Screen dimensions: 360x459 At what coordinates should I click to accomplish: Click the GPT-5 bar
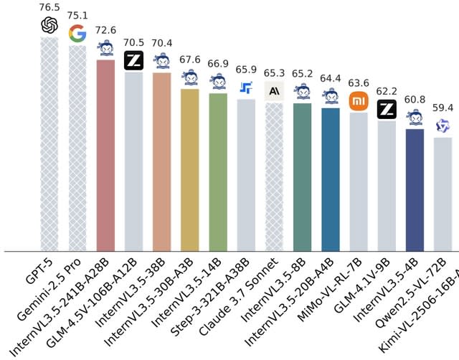tap(49, 143)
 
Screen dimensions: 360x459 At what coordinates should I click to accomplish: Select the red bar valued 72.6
tap(106, 155)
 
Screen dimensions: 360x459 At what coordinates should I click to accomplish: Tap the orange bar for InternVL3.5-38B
tap(162, 161)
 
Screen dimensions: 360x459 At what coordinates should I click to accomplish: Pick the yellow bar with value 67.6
tap(190, 169)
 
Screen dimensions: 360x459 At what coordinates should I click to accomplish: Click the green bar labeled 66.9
tap(218, 172)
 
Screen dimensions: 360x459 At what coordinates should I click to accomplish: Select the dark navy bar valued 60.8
tap(415, 190)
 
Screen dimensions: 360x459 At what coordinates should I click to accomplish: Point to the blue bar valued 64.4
tap(331, 179)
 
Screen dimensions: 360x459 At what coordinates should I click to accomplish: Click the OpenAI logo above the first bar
tap(49, 26)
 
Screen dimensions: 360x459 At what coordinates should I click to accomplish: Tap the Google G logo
tap(77, 33)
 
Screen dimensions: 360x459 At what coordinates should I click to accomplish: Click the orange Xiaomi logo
tap(359, 101)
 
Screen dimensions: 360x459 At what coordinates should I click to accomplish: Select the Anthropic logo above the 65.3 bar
tap(275, 90)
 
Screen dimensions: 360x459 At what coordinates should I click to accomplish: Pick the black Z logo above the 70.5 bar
tap(134, 61)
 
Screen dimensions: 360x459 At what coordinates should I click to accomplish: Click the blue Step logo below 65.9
tap(246, 88)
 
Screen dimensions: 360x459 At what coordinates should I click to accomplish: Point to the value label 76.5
tap(49, 6)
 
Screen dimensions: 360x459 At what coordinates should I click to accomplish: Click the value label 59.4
tap(443, 108)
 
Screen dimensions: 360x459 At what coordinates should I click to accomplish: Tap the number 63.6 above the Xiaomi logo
tap(359, 82)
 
